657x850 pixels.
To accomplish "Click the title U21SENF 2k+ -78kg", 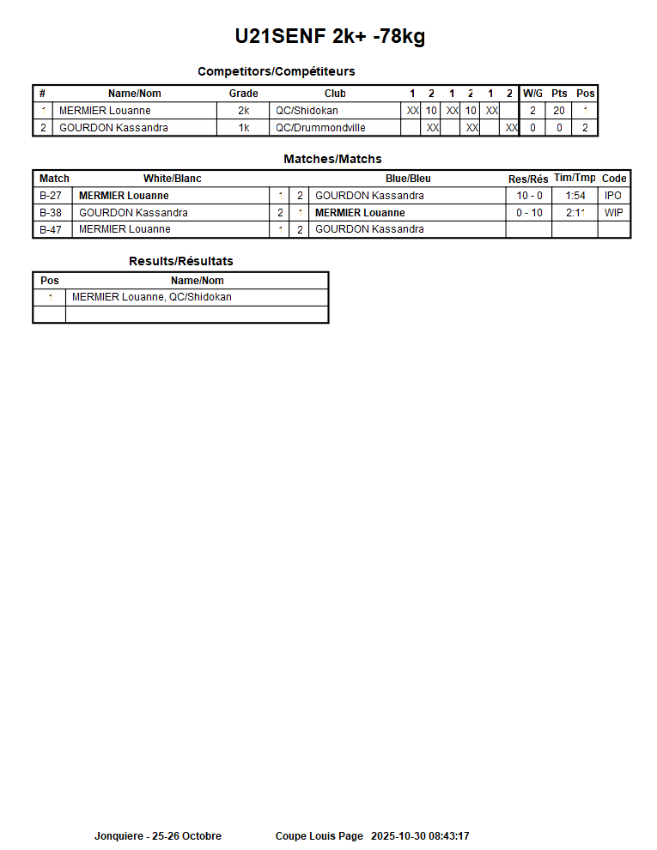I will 330,36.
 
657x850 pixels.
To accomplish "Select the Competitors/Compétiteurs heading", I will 276,71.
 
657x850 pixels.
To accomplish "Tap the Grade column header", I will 243,94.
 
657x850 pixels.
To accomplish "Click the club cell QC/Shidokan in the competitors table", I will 307,111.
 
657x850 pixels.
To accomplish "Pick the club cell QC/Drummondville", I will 320,128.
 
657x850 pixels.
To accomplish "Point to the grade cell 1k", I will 243,128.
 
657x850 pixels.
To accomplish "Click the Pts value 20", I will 559,111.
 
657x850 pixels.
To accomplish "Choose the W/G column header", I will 532,94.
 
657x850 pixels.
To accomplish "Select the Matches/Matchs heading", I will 332,159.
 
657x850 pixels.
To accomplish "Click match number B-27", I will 51,196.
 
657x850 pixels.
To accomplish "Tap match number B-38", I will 51,213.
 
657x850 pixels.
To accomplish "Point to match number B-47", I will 51,229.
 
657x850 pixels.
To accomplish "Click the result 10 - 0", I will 529,196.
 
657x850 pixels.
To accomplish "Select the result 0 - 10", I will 529,213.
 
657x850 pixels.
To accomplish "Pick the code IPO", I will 613,196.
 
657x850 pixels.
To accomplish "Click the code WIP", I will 613,213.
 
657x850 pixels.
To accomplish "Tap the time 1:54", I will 575,196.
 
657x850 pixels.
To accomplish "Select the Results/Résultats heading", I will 180,261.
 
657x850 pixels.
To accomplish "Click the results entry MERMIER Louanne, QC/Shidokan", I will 152,297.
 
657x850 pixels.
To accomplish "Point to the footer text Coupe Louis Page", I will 319,836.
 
